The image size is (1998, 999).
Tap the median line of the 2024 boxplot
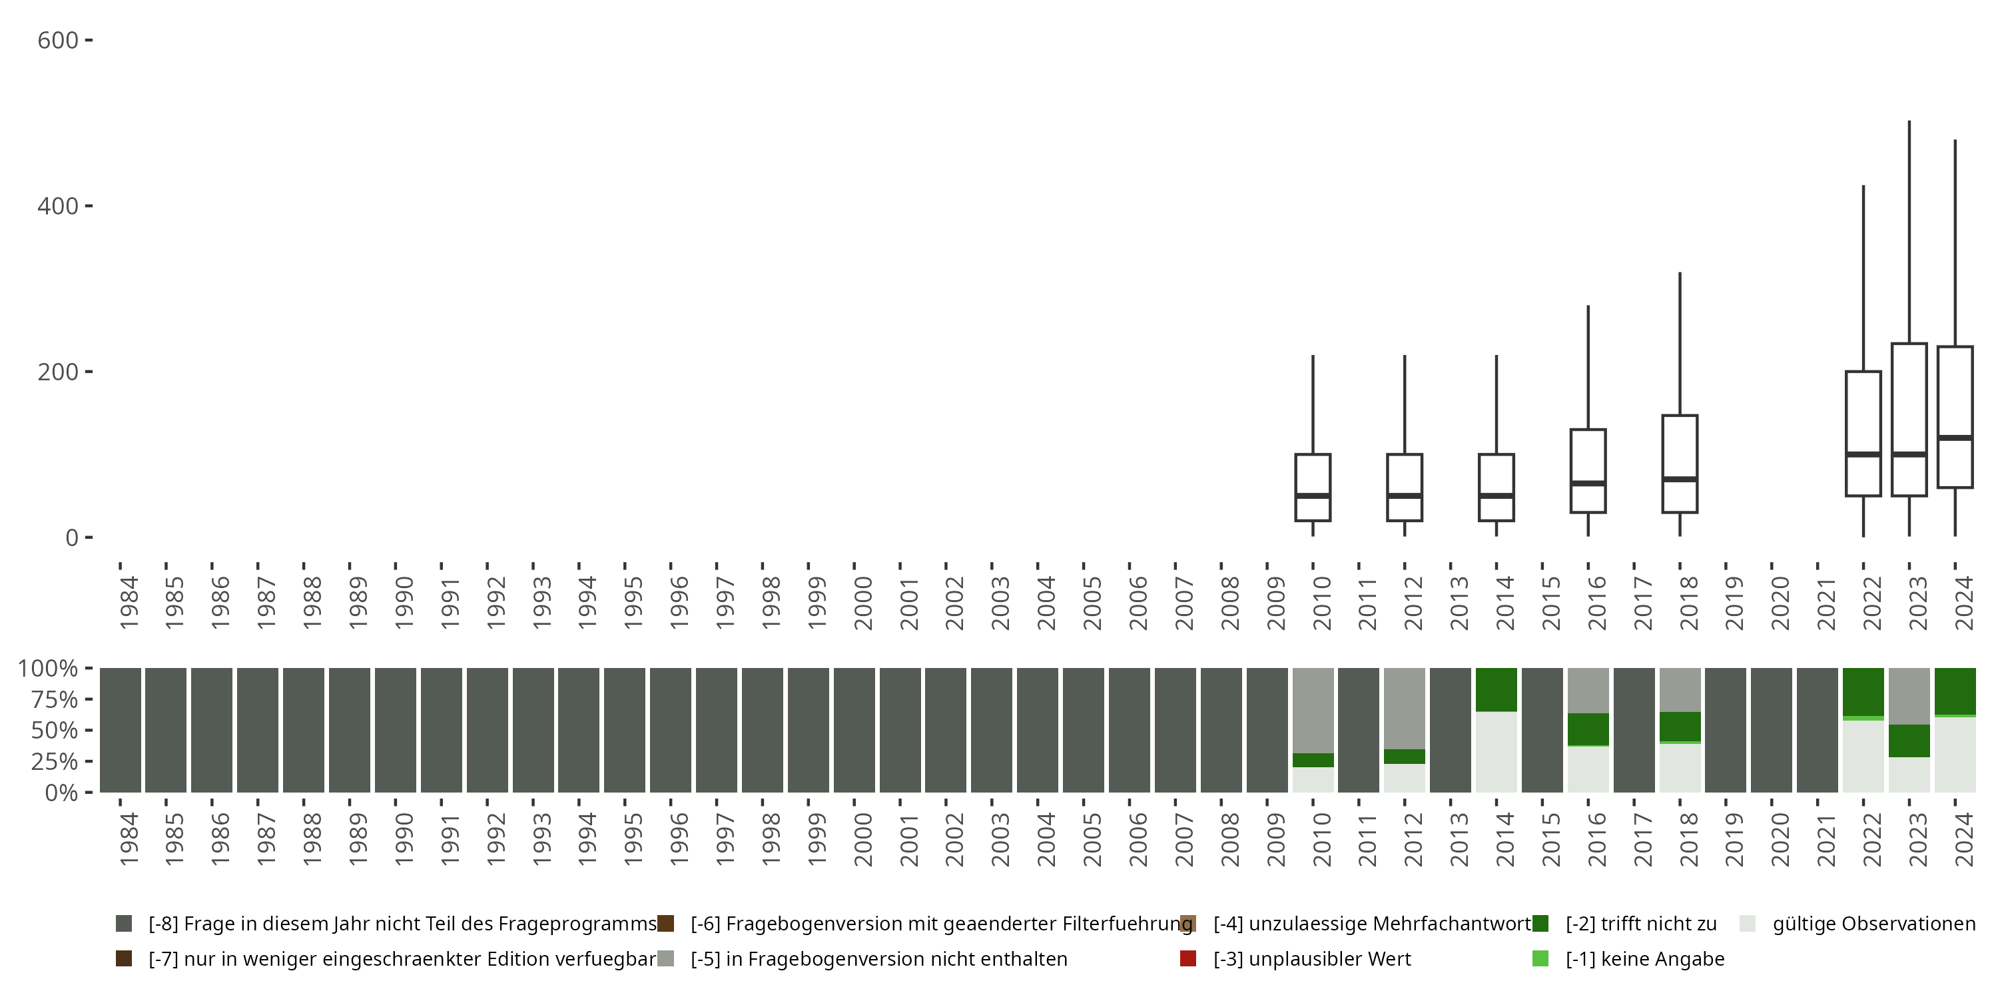tap(1955, 438)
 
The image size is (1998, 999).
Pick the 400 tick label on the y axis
tap(57, 206)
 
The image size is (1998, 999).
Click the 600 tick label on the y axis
tap(57, 41)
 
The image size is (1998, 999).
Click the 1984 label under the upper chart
tap(128, 602)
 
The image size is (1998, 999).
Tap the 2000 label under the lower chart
tap(862, 839)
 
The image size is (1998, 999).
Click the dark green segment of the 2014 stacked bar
tap(1497, 689)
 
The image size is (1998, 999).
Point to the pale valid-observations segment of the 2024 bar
tap(1955, 754)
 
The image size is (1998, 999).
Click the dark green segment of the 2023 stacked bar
tap(1909, 741)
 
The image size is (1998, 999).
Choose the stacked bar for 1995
tap(625, 730)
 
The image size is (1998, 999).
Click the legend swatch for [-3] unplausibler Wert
tap(1187, 958)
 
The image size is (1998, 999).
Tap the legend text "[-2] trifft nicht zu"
tap(1640, 924)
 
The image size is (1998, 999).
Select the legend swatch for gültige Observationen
tap(1748, 924)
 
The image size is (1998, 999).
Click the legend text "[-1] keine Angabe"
tap(1644, 958)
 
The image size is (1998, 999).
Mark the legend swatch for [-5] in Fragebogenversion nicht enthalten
tap(665, 958)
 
